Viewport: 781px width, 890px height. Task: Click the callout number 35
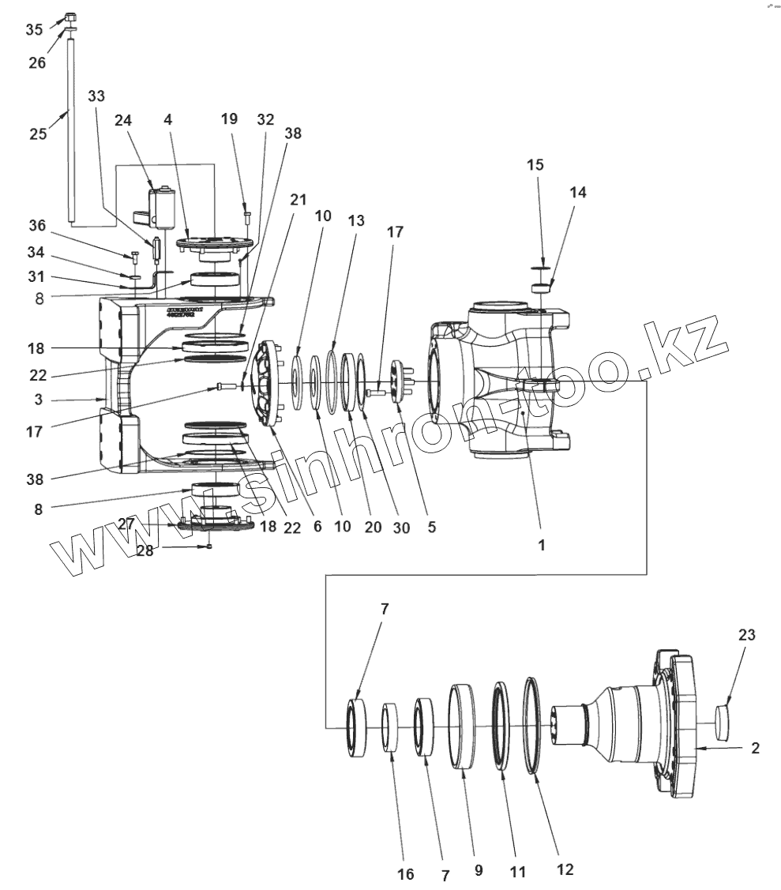pyautogui.click(x=34, y=29)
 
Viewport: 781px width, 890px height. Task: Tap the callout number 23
pyautogui.click(x=747, y=634)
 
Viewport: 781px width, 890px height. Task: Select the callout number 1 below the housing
pyautogui.click(x=541, y=544)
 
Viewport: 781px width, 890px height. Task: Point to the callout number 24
pyautogui.click(x=122, y=120)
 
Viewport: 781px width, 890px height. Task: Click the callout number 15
pyautogui.click(x=535, y=165)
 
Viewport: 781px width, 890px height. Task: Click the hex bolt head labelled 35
pyautogui.click(x=69, y=17)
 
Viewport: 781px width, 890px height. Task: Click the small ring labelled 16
pyautogui.click(x=389, y=730)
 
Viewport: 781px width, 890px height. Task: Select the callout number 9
pyautogui.click(x=479, y=872)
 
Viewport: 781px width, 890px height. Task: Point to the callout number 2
pyautogui.click(x=755, y=748)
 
